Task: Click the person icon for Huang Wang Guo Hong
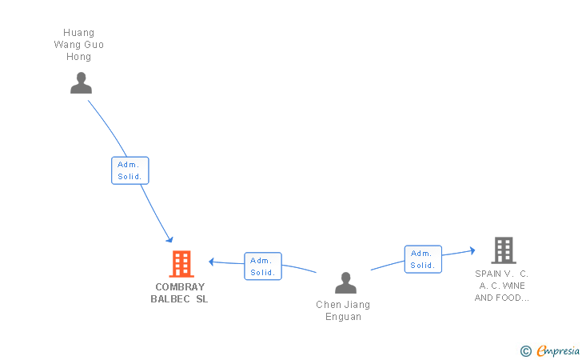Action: tap(81, 83)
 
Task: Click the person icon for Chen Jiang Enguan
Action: tap(345, 282)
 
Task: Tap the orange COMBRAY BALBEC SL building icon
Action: tap(181, 263)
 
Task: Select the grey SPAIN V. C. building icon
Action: tap(503, 250)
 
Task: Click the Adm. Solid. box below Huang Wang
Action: tap(130, 170)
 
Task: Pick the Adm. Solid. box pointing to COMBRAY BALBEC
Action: tap(262, 266)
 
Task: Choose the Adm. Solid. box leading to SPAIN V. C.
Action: tap(422, 259)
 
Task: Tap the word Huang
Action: tap(79, 33)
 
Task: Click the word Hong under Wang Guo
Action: tap(79, 57)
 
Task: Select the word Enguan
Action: tap(343, 317)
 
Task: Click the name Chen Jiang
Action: tap(343, 305)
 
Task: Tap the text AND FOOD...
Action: tap(501, 298)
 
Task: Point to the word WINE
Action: tap(514, 286)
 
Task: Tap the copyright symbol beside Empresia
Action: tap(525, 350)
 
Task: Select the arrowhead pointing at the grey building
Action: tap(472, 251)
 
